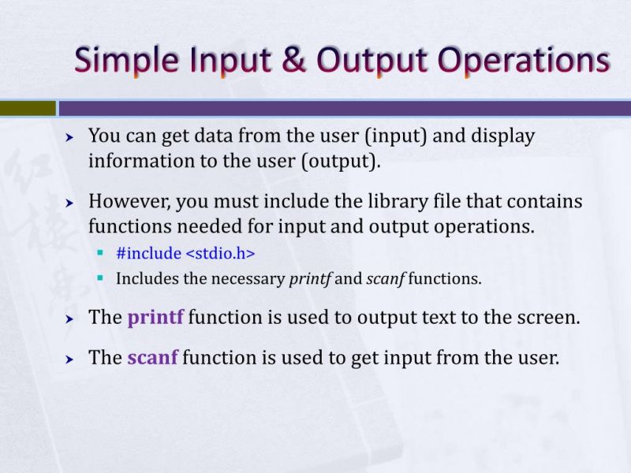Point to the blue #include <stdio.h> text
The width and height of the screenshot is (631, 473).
185,254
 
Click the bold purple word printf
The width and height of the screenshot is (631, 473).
155,318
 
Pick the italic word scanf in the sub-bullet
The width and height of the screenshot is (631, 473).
384,278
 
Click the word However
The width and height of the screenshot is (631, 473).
126,202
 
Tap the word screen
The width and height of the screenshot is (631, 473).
547,318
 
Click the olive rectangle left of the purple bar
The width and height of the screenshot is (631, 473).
28,108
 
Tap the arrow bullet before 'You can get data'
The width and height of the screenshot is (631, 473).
69,137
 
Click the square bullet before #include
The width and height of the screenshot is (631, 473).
100,254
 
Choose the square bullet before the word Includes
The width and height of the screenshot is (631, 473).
100,278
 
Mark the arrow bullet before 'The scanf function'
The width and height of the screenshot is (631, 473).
69,359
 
